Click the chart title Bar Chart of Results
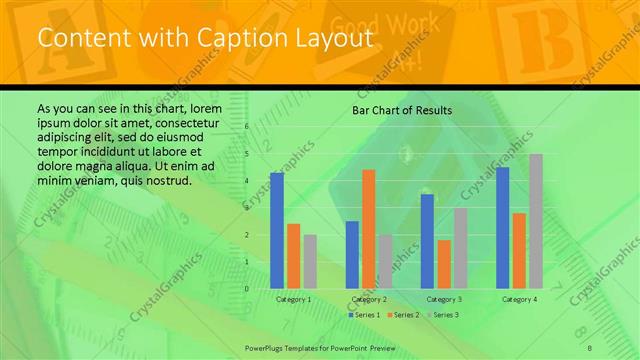pos(401,110)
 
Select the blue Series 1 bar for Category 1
pos(277,230)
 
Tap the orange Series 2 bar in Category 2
pos(369,229)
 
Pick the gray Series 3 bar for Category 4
pos(536,221)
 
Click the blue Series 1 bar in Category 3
pos(427,241)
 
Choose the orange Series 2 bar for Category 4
pos(519,250)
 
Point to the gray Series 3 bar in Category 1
pos(310,261)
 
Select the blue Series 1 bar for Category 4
pos(502,227)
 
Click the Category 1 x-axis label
pos(293,299)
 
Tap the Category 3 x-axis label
pos(443,299)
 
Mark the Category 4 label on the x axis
pos(519,299)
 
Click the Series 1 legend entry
pos(364,315)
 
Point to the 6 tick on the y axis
pos(246,127)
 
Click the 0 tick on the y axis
pos(246,288)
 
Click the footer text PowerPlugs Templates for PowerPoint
pos(309,346)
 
